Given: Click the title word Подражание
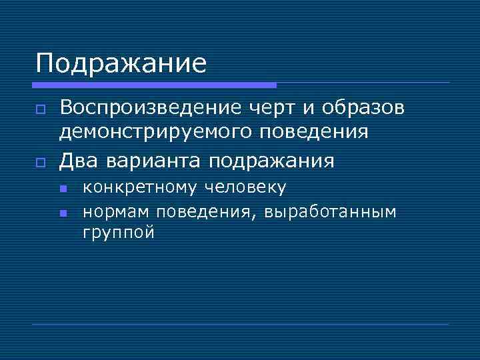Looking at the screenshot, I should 121,64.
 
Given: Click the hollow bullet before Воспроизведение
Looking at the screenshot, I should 41,109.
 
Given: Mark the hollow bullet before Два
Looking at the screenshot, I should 41,161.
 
